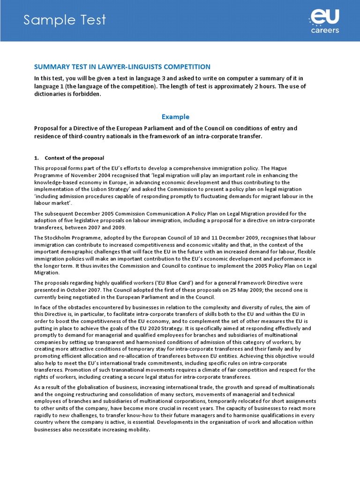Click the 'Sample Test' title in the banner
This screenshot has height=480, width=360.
coord(65,20)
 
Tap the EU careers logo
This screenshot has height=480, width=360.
coord(324,21)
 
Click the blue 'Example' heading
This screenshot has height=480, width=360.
coord(175,117)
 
